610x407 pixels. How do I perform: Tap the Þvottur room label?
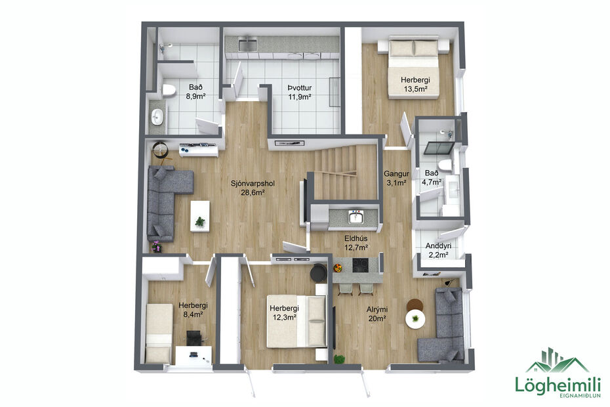tap(298, 87)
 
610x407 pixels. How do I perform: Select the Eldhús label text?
tap(356, 238)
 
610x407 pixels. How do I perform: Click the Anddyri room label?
tap(438, 246)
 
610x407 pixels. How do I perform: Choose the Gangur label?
tap(396, 173)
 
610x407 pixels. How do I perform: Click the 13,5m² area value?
tap(415, 89)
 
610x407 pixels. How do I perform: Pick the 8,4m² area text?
tap(193, 314)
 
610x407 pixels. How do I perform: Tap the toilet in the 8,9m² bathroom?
tap(169, 90)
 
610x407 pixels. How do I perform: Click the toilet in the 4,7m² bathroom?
tap(446, 164)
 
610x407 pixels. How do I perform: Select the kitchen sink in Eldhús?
tap(356, 217)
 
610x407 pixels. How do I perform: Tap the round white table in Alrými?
tap(414, 319)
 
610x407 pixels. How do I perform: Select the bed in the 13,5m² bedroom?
tap(413, 66)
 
